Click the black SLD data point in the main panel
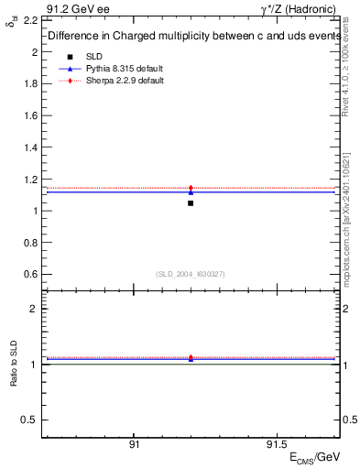tap(191, 202)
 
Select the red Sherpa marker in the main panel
tap(191, 188)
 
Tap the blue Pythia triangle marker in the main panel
tap(191, 192)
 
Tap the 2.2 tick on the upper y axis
tap(29, 20)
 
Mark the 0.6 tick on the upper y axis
tap(29, 274)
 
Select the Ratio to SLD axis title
tap(13, 376)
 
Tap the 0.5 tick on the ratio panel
tap(29, 420)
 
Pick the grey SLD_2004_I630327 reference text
tap(191, 274)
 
